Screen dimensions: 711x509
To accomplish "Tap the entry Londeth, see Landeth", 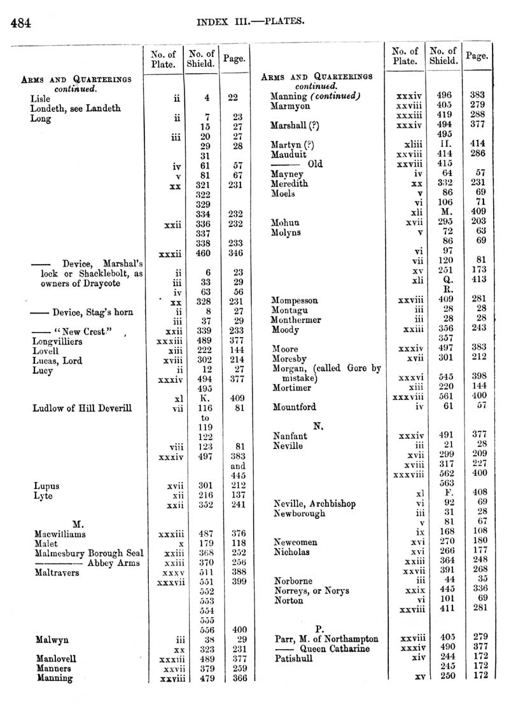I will tap(75, 108).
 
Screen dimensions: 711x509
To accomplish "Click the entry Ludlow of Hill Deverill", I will tap(82, 408).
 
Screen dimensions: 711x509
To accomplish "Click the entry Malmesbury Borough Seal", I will tap(88, 553).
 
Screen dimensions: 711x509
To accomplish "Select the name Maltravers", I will tap(57, 572).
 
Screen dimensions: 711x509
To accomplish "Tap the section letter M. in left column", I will tap(79, 524).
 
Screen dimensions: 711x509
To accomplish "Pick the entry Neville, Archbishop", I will tap(314, 504).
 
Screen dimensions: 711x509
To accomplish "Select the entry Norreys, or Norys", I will tap(311, 591).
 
